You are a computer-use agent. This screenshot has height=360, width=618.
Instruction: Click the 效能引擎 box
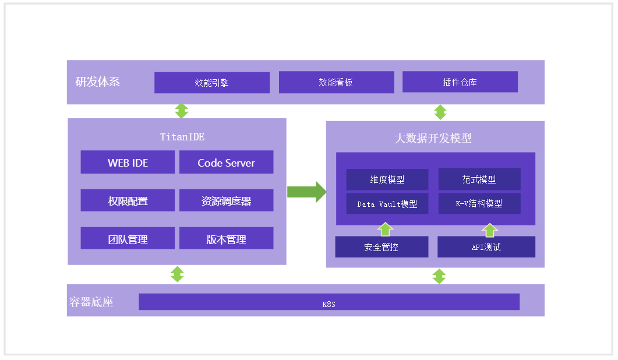click(x=211, y=83)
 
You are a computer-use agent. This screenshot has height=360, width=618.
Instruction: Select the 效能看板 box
click(x=336, y=83)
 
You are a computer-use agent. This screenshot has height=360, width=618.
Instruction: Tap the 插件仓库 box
click(x=460, y=82)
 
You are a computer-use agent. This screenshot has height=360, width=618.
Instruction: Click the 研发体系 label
click(x=98, y=82)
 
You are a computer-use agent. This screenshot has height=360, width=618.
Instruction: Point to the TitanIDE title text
click(x=182, y=137)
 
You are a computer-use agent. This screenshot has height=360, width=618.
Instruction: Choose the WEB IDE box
click(x=128, y=163)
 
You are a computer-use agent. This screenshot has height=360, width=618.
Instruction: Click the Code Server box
click(x=226, y=163)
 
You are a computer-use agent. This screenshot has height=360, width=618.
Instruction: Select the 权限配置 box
click(x=128, y=201)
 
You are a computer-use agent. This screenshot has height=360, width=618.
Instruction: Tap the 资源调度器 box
click(x=226, y=201)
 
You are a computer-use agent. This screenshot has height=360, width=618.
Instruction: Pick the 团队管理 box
click(x=128, y=239)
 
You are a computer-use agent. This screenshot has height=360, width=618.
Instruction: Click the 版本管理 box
click(x=226, y=239)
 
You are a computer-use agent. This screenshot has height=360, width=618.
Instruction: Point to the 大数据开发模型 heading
click(x=433, y=138)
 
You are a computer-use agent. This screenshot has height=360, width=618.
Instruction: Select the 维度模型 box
click(x=387, y=180)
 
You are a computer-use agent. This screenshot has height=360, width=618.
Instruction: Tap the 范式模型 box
click(x=479, y=180)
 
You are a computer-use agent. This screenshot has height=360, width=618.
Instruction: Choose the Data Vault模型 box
click(x=387, y=204)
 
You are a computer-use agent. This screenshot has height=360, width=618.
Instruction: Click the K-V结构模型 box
click(x=479, y=204)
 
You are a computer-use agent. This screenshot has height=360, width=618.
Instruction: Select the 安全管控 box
click(x=382, y=247)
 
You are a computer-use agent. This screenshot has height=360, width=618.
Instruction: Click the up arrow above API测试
click(x=490, y=230)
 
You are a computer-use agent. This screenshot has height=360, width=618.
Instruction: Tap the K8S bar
click(x=329, y=302)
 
